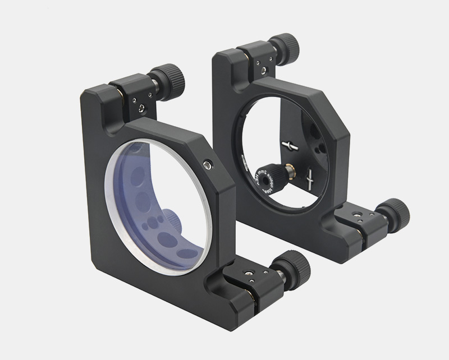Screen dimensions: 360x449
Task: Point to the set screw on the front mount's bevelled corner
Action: tap(209, 164)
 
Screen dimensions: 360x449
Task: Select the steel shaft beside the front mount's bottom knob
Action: tap(278, 273)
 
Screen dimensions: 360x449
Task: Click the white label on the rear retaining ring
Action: tap(246, 162)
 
